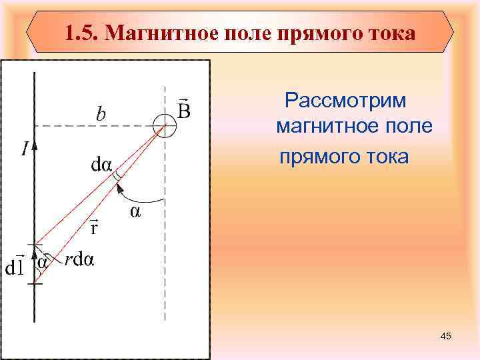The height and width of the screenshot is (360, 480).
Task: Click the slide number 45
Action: [446, 337]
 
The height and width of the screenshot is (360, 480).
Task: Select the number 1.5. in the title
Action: [83, 32]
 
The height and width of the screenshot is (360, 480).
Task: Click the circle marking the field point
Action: [164, 125]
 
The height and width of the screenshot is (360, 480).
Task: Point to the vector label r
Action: [95, 229]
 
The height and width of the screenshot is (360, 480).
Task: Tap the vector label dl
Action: [15, 267]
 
